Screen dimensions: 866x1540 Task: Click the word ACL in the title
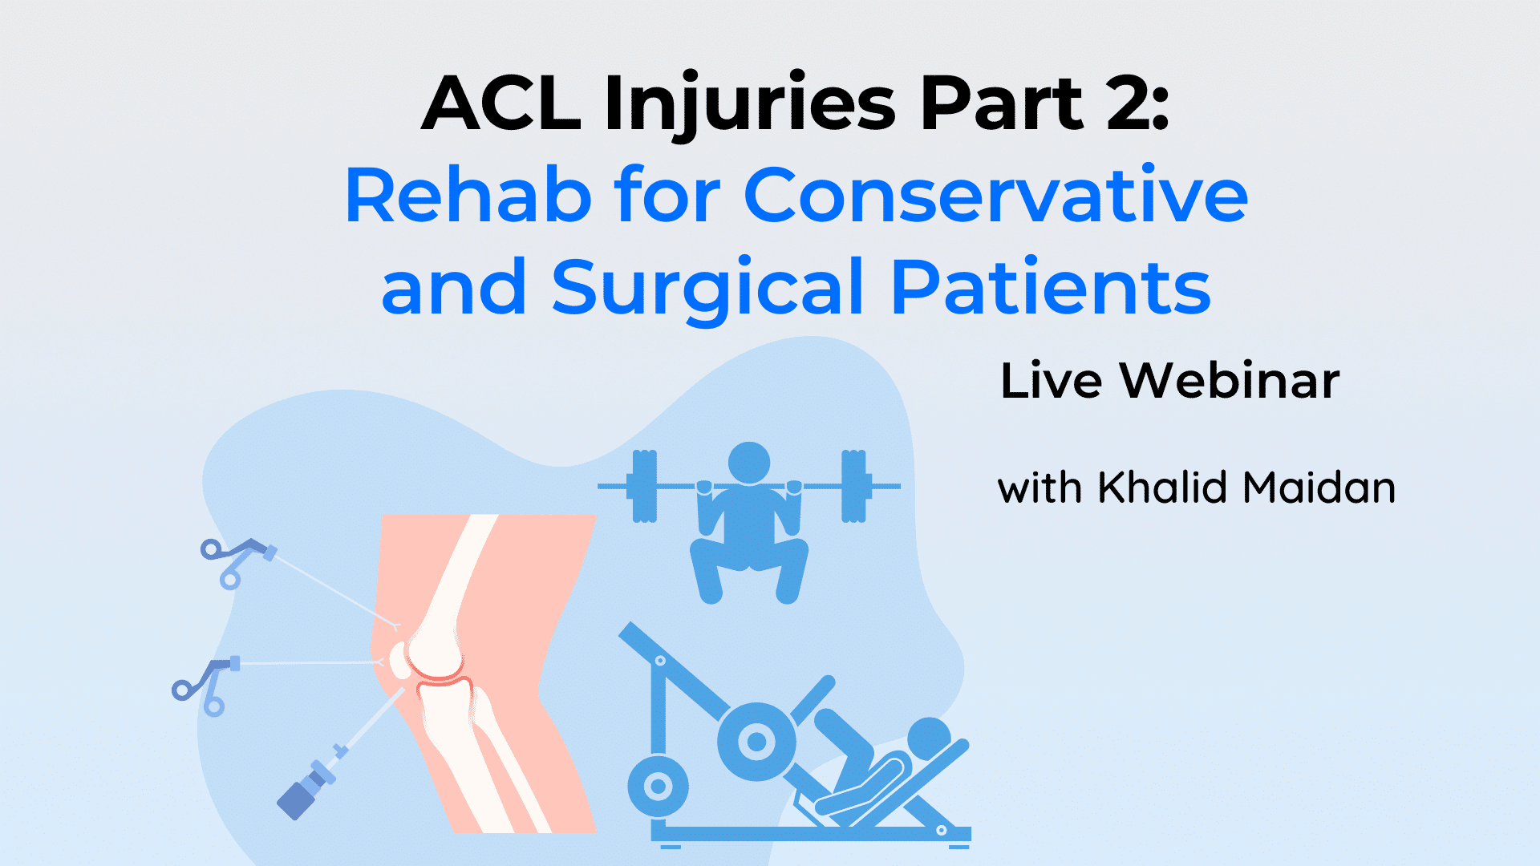coord(501,104)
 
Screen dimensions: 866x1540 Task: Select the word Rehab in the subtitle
coord(468,196)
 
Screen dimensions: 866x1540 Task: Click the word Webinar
coord(1229,381)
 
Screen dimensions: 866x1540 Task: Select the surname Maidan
coord(1319,488)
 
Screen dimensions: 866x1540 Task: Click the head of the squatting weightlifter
coord(748,463)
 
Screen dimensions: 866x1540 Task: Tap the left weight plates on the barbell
coord(644,486)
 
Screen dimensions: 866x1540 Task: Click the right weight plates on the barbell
coord(853,486)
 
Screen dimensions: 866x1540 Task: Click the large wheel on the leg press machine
coord(756,742)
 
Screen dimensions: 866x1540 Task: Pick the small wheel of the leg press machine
coord(658,786)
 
